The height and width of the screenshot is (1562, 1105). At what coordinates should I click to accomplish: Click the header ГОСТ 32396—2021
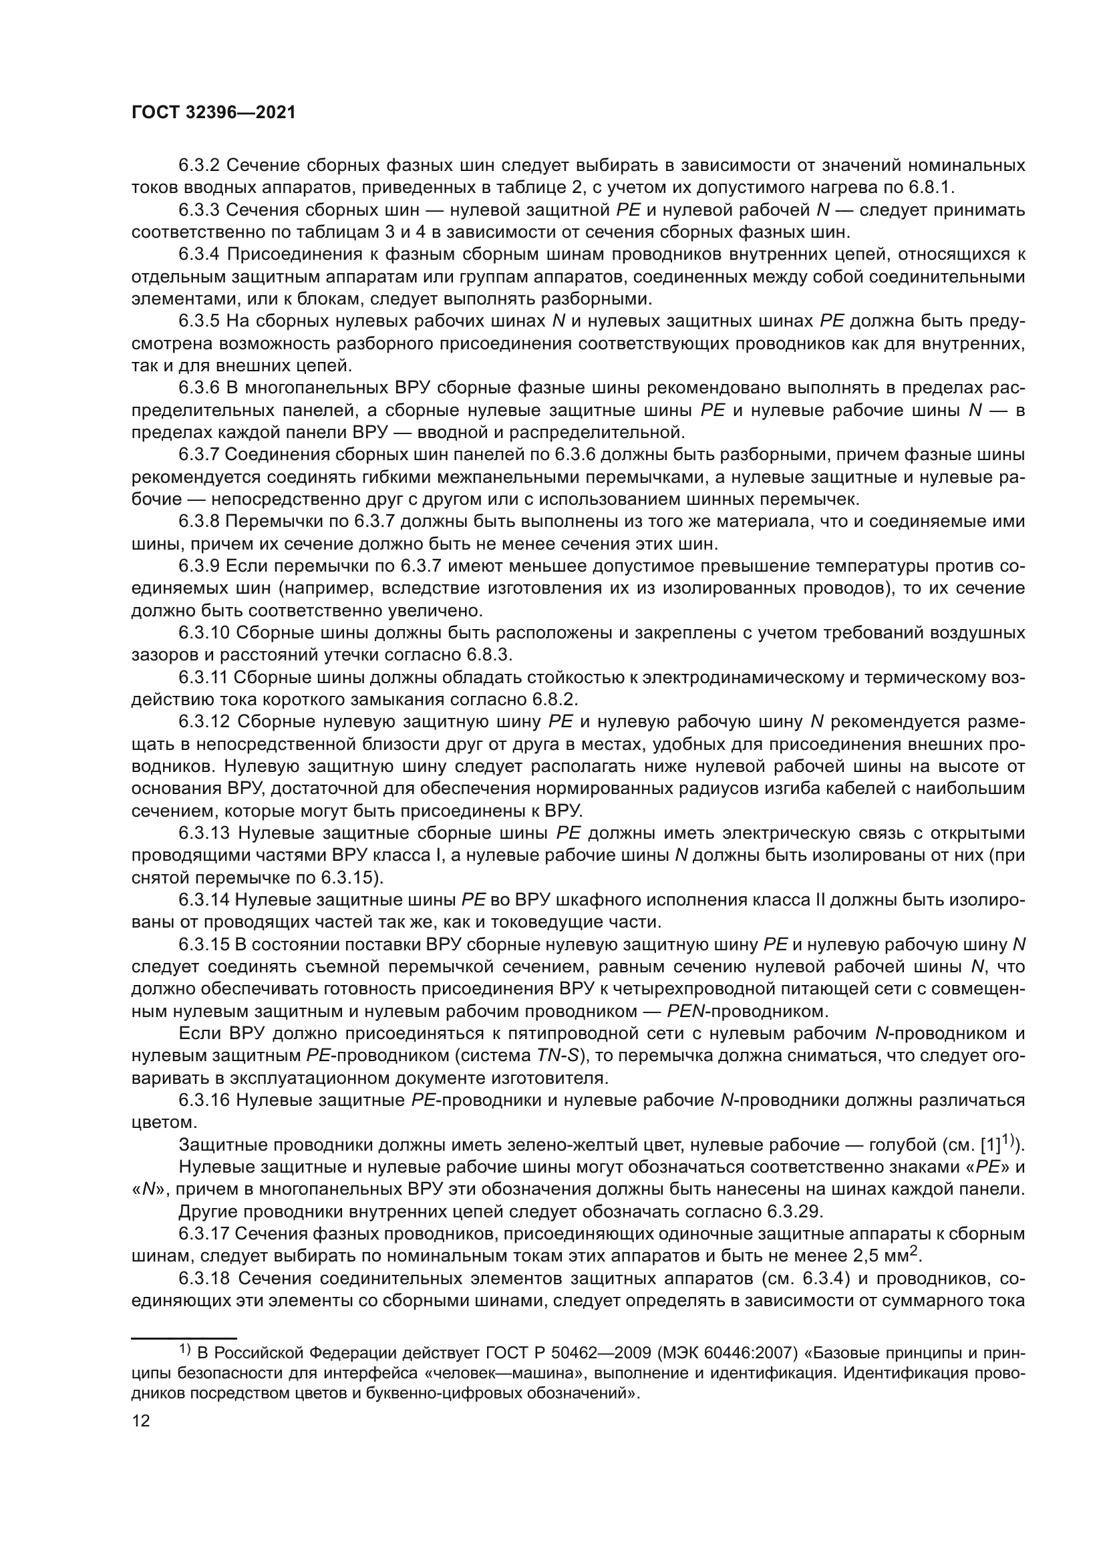click(x=214, y=113)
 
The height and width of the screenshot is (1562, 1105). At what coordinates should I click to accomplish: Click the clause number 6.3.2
click(x=198, y=166)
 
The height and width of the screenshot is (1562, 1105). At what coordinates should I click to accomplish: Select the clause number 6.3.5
click(x=198, y=321)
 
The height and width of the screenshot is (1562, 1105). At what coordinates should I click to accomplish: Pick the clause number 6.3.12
click(x=204, y=722)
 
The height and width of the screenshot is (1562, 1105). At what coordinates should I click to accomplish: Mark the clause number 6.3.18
click(x=204, y=1279)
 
